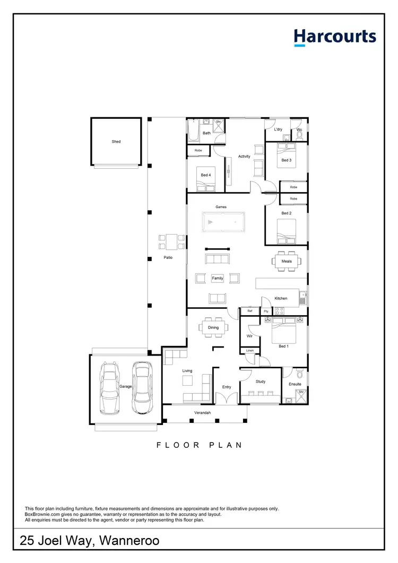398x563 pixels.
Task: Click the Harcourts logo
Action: [x=335, y=38]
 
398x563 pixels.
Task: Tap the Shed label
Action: [x=116, y=142]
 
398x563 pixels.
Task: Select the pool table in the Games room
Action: [x=223, y=222]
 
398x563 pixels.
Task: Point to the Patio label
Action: [x=168, y=258]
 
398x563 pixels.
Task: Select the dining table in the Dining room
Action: [x=213, y=327]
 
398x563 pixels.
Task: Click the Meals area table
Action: [x=287, y=261]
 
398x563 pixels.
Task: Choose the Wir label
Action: [x=249, y=336]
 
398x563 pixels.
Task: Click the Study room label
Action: [x=260, y=382]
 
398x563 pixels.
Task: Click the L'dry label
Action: [x=278, y=129]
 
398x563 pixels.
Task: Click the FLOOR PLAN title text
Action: [x=199, y=445]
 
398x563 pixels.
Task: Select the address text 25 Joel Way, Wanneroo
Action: [x=89, y=541]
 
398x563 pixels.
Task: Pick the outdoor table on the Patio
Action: [x=171, y=242]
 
